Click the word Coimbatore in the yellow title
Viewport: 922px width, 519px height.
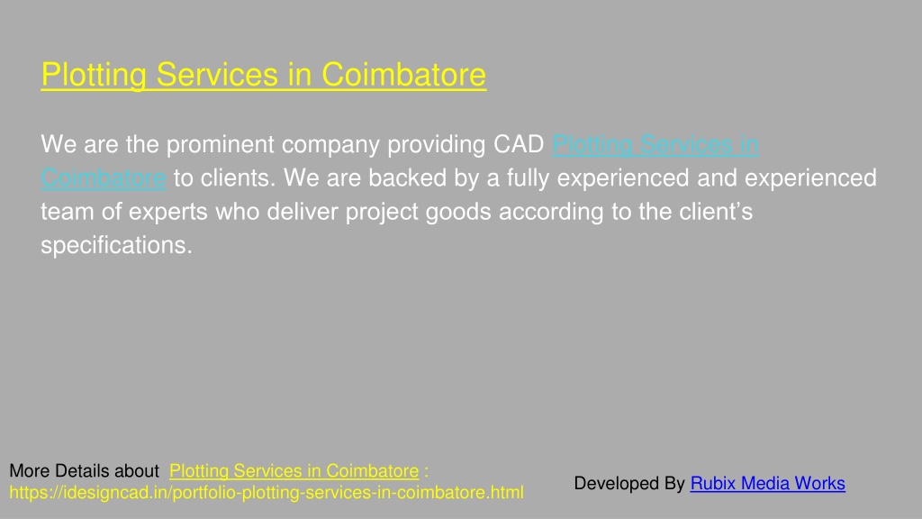[x=404, y=75]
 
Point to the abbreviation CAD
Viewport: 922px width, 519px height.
[x=519, y=144]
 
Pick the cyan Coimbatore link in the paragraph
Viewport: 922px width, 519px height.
[x=104, y=178]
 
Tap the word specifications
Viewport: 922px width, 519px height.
[x=116, y=246]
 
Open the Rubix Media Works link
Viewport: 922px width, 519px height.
[x=768, y=483]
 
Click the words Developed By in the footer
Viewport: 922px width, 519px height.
[x=629, y=484]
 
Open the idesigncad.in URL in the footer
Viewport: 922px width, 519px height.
[x=267, y=493]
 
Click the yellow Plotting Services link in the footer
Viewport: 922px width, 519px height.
[x=294, y=471]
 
